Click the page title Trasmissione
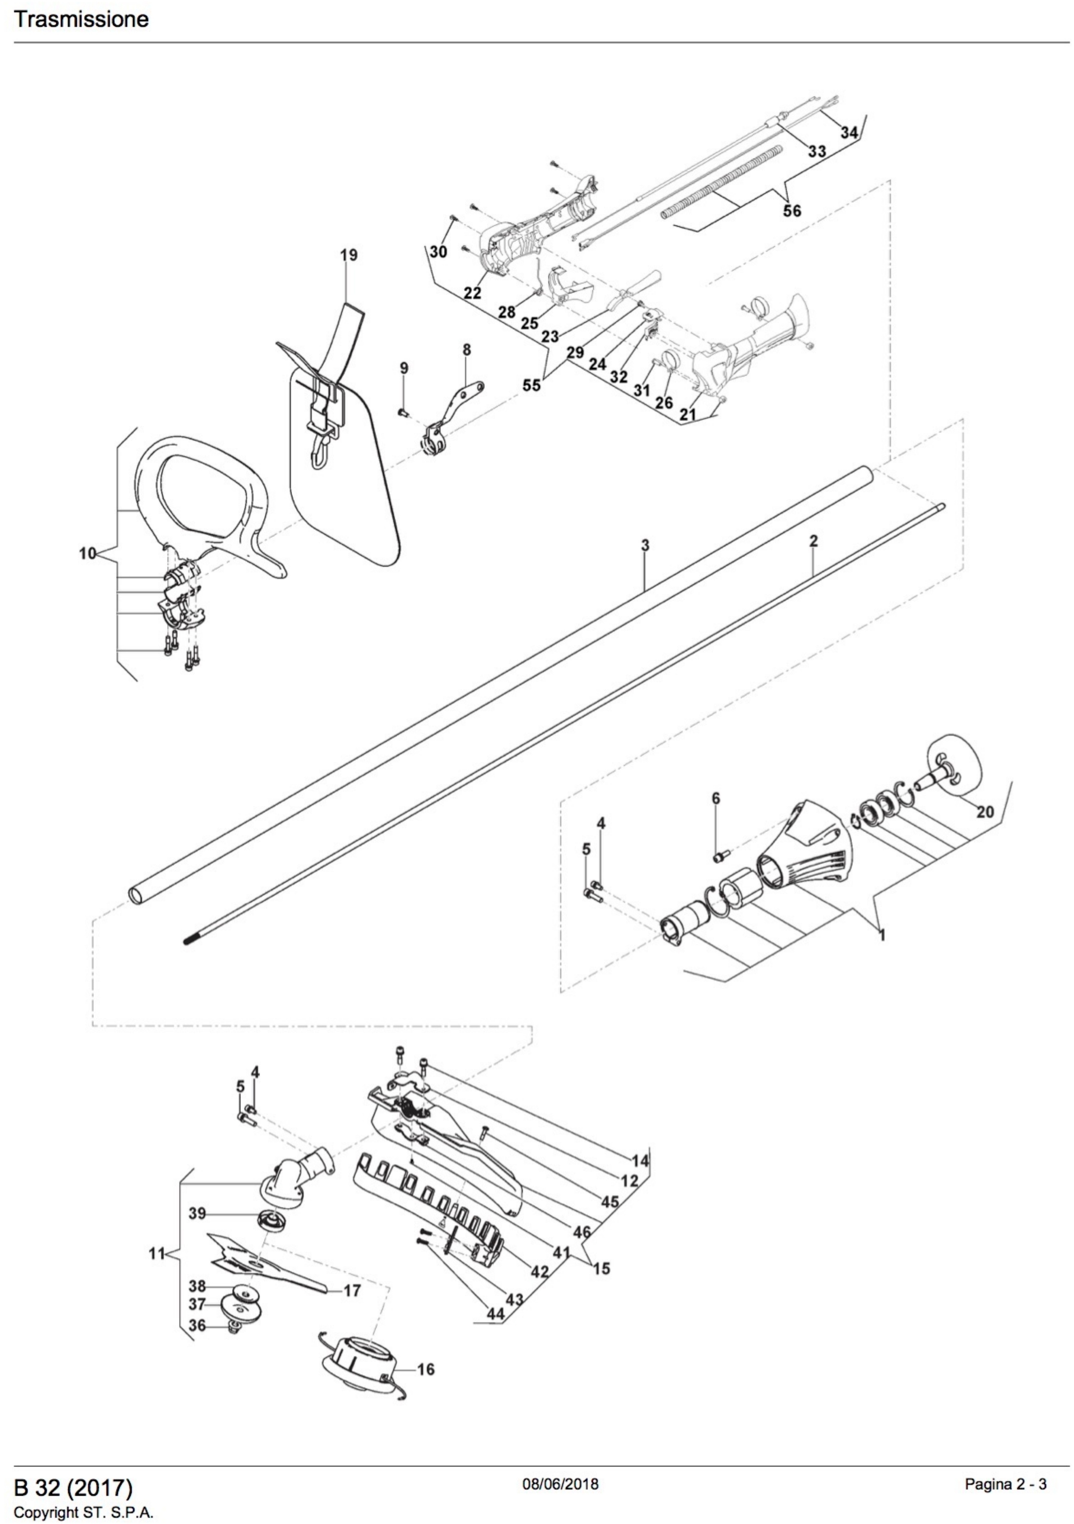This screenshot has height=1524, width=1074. [81, 19]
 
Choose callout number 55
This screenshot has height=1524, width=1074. [531, 385]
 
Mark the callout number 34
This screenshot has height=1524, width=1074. [849, 132]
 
